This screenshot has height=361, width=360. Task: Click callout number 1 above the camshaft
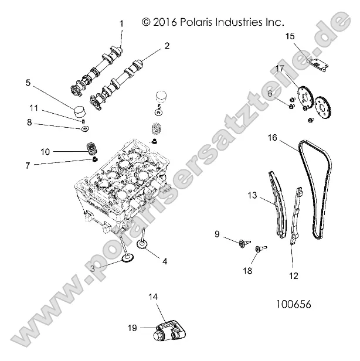pos(122,23)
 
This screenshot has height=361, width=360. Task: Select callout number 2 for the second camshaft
pos(167,45)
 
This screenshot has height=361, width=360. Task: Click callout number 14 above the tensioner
pos(154,298)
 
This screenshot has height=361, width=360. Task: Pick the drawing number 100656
pos(293,305)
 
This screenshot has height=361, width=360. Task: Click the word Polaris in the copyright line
pos(199,22)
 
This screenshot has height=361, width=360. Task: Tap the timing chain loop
pos(317,188)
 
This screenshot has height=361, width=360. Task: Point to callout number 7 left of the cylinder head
pos(28,166)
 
